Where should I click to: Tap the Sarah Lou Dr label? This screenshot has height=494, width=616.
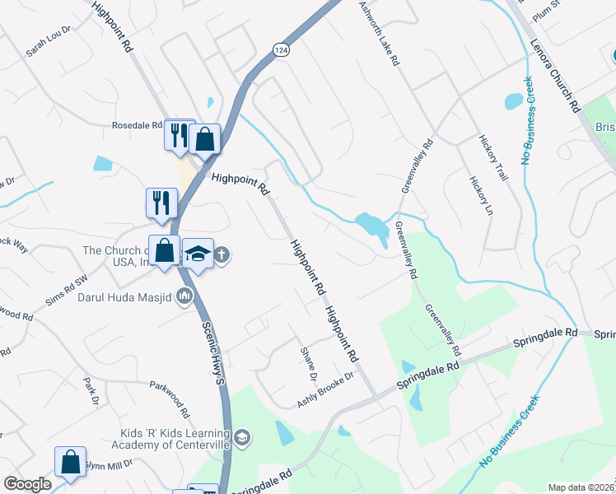(49, 46)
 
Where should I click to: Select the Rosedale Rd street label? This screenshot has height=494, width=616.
(138, 126)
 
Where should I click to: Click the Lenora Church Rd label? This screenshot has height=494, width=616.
(556, 74)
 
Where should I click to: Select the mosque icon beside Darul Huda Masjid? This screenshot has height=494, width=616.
(184, 296)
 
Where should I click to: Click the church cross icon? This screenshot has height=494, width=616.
(222, 255)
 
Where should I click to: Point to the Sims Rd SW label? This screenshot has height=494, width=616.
(66, 291)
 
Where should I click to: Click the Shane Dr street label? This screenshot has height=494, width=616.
(313, 364)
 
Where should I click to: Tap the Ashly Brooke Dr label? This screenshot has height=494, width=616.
(324, 389)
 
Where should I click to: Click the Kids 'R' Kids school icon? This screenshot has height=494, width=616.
(240, 437)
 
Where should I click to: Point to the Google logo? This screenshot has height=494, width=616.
(27, 484)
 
